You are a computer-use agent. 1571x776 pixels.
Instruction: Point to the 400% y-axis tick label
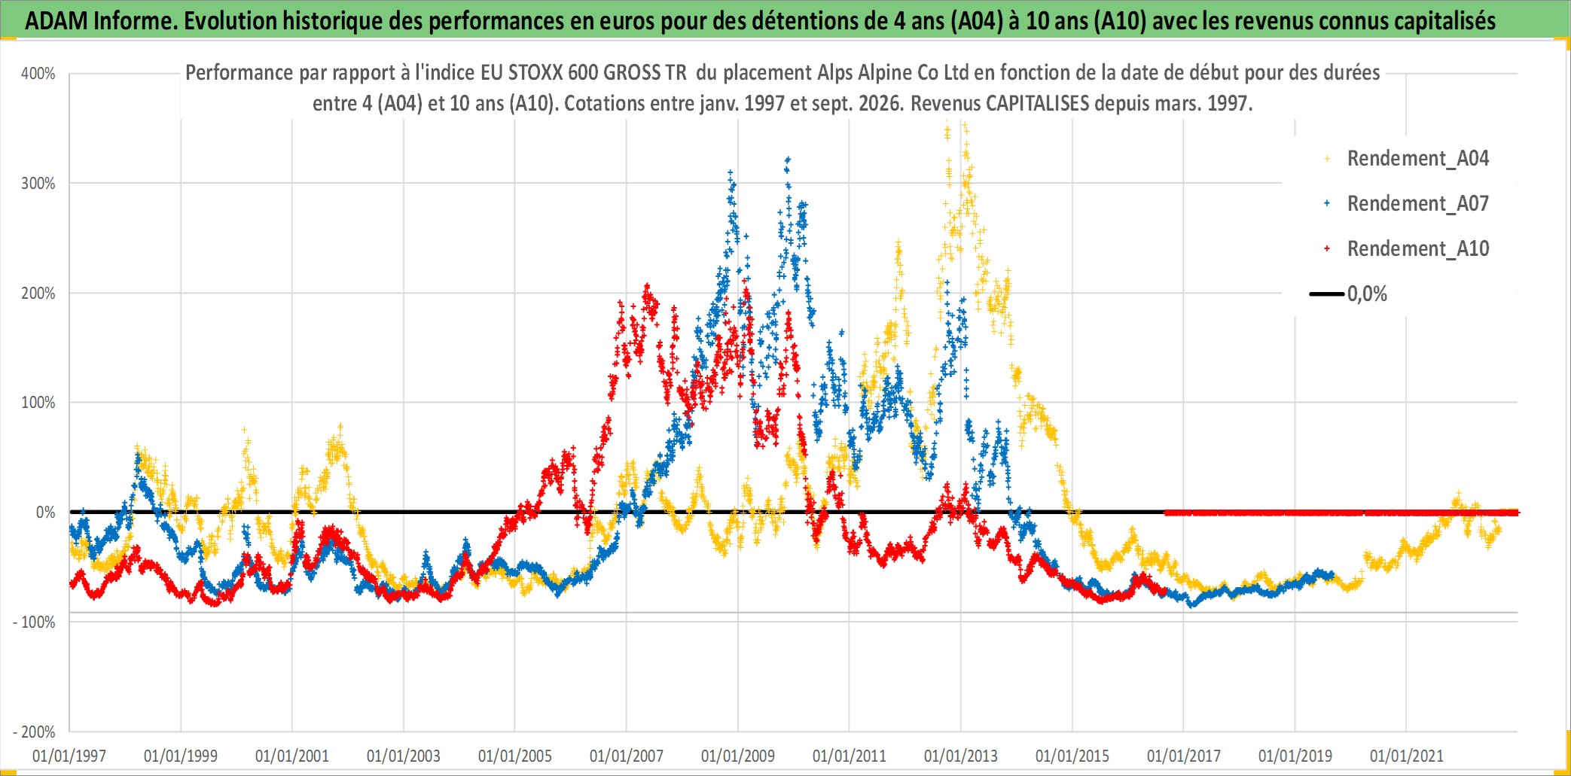[38, 74]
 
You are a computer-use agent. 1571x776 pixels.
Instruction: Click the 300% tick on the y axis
[38, 184]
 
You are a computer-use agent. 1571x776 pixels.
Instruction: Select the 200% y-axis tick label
[38, 294]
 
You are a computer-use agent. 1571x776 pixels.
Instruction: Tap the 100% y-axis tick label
[38, 403]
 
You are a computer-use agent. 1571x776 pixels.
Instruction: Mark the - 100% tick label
[35, 622]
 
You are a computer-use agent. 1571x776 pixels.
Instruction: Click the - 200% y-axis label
[35, 732]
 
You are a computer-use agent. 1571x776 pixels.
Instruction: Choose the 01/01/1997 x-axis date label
[69, 756]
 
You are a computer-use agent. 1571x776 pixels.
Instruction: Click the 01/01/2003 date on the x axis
[404, 756]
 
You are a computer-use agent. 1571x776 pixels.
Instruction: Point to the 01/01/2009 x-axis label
[738, 756]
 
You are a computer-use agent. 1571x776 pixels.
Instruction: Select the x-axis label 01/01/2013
[961, 756]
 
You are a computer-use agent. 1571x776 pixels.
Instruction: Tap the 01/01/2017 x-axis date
[1184, 756]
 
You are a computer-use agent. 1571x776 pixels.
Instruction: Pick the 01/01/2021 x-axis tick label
[1407, 756]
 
